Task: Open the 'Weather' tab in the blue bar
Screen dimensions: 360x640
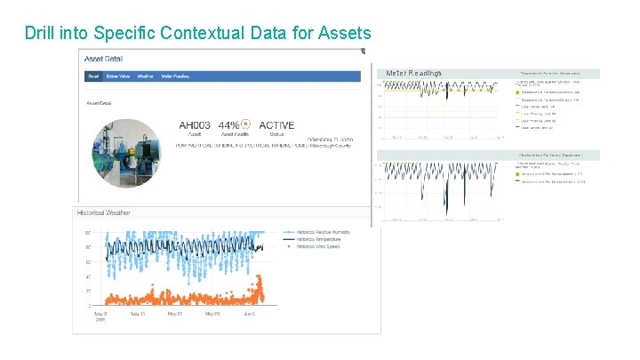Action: point(146,77)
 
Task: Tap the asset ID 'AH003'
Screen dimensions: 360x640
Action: point(195,125)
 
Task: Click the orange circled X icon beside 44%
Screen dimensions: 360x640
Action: point(246,124)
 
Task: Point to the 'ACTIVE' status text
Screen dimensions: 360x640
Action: point(276,125)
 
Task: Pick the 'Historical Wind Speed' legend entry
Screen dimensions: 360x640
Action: point(316,246)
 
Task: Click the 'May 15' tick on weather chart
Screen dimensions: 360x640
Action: point(137,314)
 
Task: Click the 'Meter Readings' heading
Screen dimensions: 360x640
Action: point(413,72)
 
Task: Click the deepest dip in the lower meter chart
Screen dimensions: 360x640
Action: point(447,210)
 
